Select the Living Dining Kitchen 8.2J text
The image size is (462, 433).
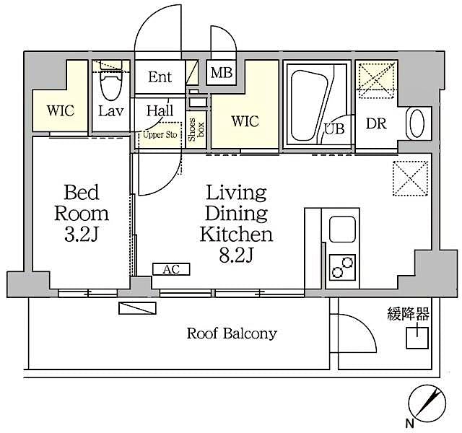(236, 224)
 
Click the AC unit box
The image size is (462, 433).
(171, 269)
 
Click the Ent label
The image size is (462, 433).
(160, 76)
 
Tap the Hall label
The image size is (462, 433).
(160, 111)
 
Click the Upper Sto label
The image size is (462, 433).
(160, 134)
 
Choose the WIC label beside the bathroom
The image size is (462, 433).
(245, 121)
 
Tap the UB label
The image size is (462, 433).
(334, 129)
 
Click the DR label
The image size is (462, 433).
(375, 123)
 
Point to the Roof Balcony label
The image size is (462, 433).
(232, 333)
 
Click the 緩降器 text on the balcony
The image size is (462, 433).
(408, 313)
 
